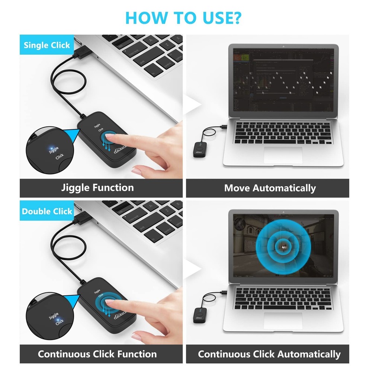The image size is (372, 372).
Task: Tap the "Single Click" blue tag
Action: (x=46, y=45)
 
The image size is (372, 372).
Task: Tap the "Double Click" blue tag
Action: (x=46, y=211)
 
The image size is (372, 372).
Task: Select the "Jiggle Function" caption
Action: (x=97, y=187)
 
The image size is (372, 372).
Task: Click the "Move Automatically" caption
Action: (x=270, y=188)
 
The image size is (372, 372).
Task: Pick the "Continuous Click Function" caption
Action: (x=97, y=354)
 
